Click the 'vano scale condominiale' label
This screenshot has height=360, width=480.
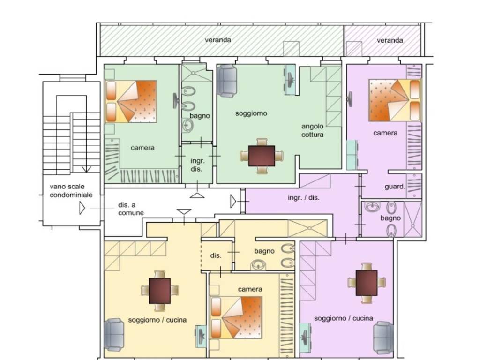coord(71,191)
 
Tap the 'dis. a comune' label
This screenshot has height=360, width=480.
coord(131,209)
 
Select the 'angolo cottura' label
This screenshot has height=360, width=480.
coord(312,130)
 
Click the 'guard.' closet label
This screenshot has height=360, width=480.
coord(395,187)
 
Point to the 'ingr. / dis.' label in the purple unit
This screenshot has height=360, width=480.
coord(303,198)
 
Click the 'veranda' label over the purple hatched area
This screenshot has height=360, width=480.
coord(390,40)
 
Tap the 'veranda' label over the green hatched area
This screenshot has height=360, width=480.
coord(218,40)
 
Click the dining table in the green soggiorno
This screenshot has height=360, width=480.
coord(262,156)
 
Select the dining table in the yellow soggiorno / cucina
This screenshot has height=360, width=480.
coord(159,291)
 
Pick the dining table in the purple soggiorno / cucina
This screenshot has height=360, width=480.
coord(367,283)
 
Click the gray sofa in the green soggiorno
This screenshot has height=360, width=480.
coord(226,81)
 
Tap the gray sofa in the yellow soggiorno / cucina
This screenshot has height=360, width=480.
coord(114,334)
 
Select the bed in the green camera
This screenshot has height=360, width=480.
coord(131,101)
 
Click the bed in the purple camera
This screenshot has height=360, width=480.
coord(395,100)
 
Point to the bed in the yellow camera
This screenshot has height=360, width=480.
coord(236,317)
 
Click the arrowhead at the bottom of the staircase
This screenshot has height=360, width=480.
coord(86,169)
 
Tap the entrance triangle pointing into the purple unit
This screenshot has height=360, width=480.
coord(233,202)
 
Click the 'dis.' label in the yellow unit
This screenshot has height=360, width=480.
coord(216,255)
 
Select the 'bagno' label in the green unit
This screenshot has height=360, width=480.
coord(200,116)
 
